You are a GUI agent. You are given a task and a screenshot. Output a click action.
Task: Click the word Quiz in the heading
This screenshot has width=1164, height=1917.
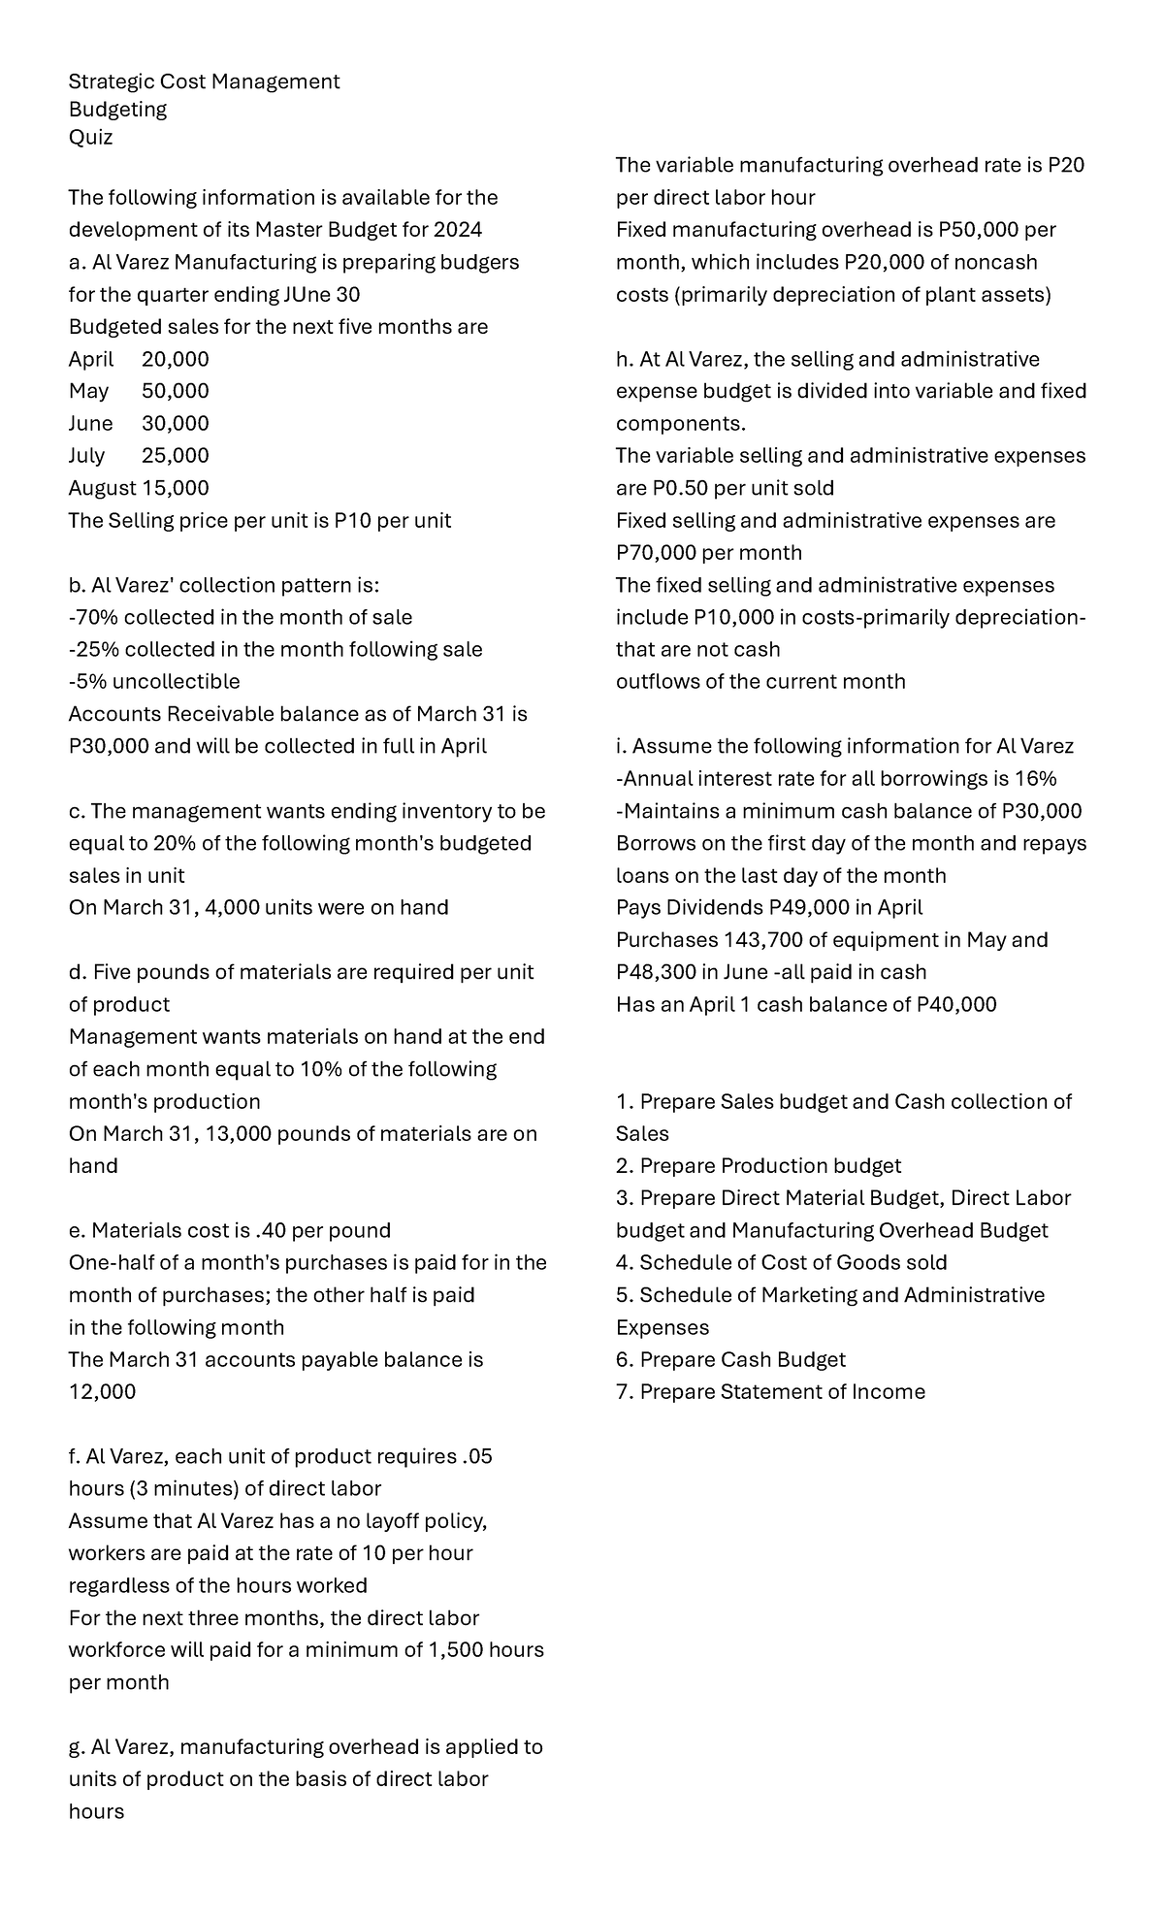[90, 138]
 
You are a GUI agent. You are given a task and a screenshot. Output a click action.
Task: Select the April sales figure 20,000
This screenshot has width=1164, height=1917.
[175, 359]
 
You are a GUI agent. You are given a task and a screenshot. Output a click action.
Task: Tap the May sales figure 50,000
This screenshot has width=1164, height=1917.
[175, 391]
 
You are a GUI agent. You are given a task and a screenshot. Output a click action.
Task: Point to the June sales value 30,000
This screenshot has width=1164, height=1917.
[175, 424]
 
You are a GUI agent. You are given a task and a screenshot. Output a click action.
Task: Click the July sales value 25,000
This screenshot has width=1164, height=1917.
[175, 456]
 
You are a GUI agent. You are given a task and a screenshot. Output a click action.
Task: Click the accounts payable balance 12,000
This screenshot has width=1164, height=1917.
[102, 1391]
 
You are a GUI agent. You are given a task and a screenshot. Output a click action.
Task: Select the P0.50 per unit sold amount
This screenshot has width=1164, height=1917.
[663, 488]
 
